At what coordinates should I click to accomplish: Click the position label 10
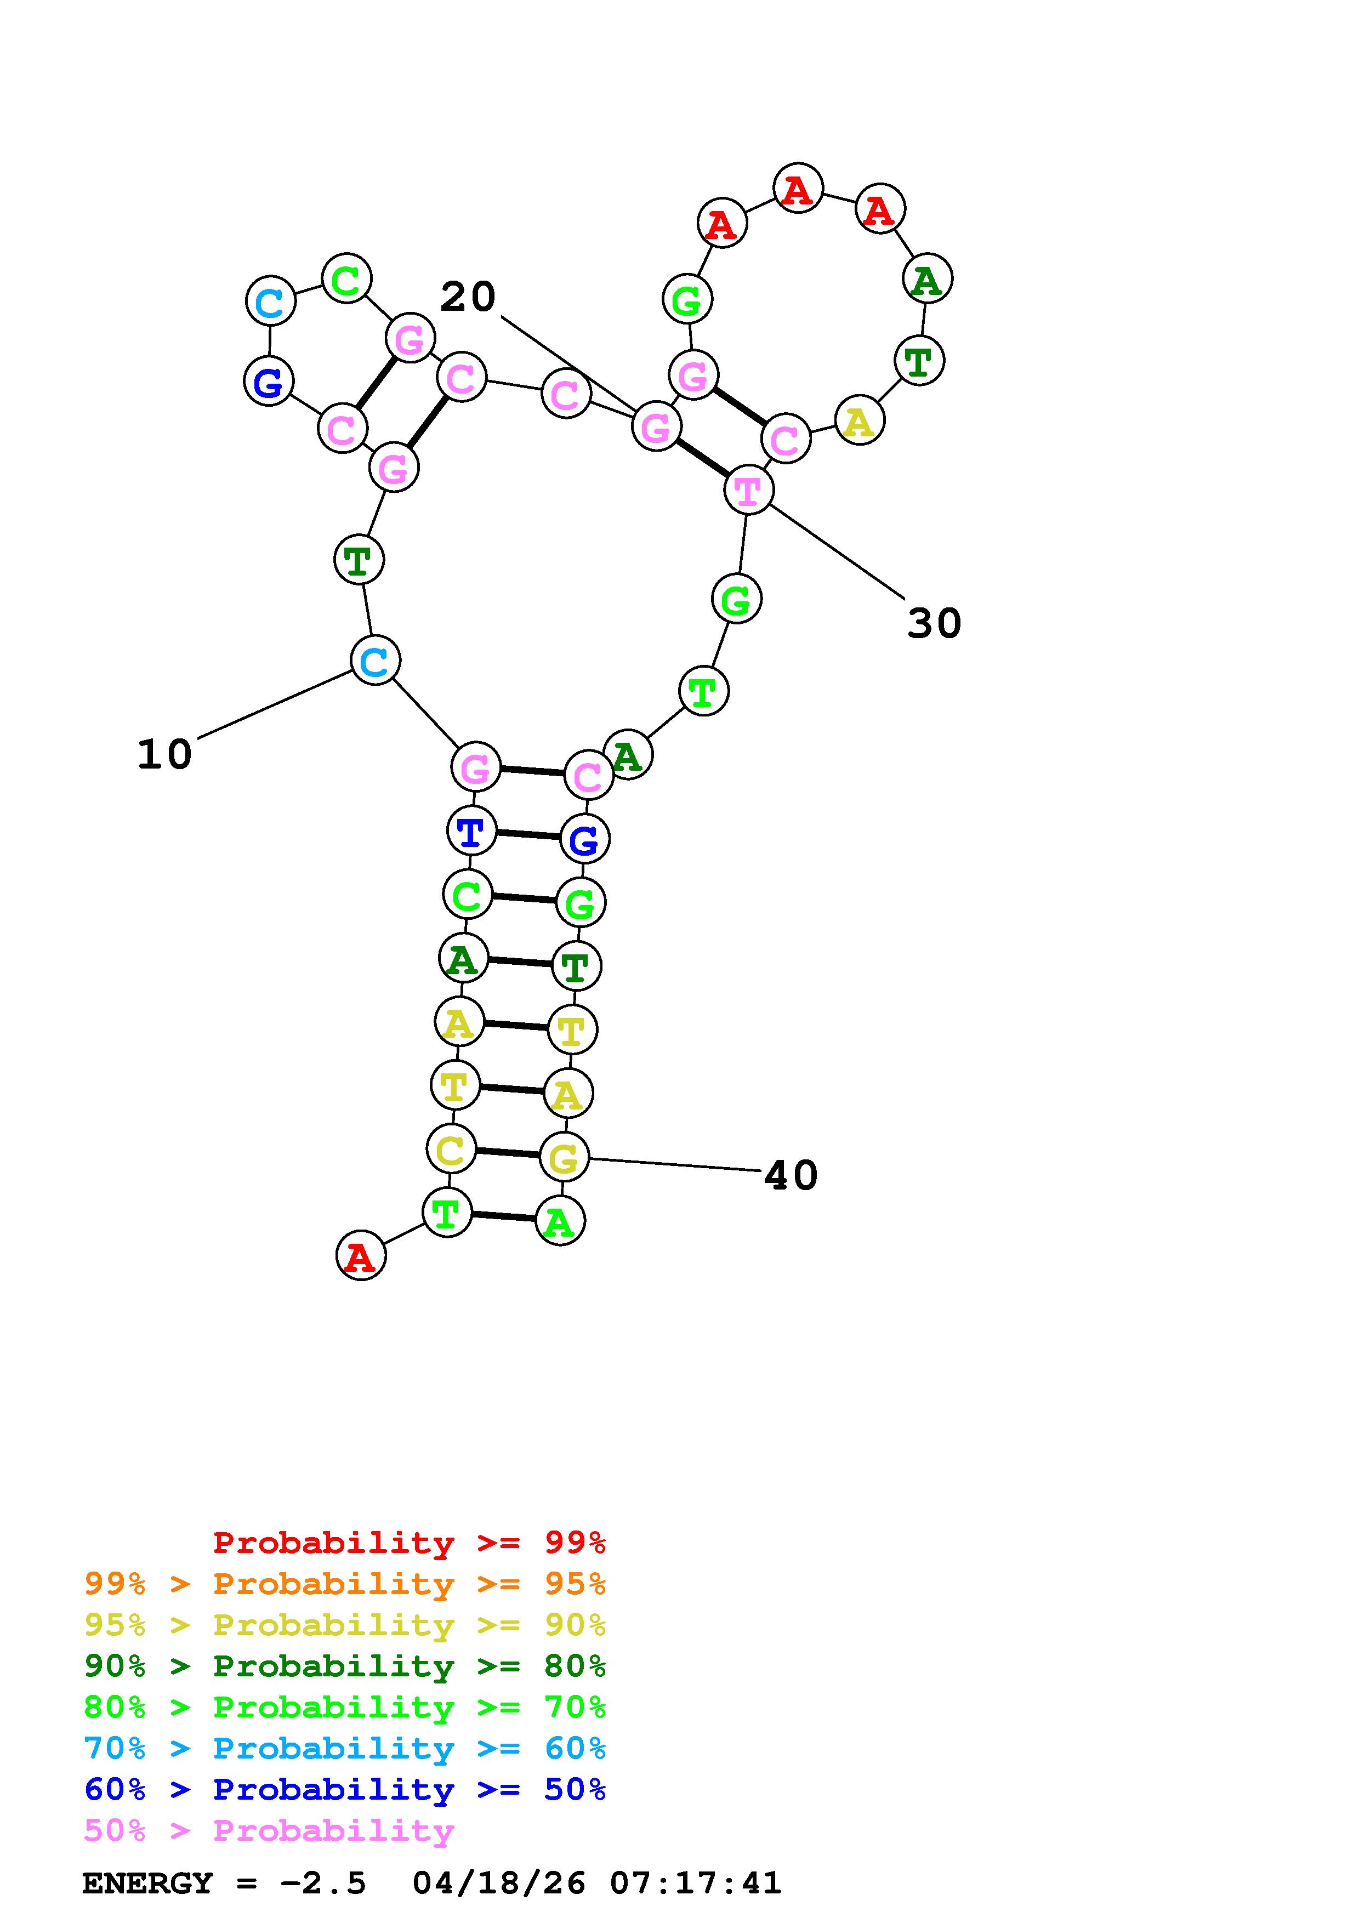click(x=165, y=755)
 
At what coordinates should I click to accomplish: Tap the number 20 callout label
click(x=468, y=297)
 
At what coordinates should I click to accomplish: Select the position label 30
click(x=935, y=624)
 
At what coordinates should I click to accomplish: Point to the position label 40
click(x=791, y=1176)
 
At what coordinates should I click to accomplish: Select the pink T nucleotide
click(x=748, y=490)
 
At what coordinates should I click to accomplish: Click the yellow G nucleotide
click(x=564, y=1158)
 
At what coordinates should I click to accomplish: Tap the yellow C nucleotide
click(x=451, y=1150)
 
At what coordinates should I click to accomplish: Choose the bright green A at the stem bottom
click(x=559, y=1222)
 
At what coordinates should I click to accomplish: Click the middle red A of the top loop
click(x=798, y=189)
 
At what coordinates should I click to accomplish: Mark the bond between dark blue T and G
click(x=527, y=834)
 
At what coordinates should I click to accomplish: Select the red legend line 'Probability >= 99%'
click(x=410, y=1543)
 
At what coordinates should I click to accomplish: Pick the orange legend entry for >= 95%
click(x=345, y=1584)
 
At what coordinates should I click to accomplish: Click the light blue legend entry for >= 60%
click(x=345, y=1749)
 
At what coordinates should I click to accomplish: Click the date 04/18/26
click(x=499, y=1884)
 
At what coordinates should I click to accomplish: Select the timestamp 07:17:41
click(x=695, y=1884)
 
